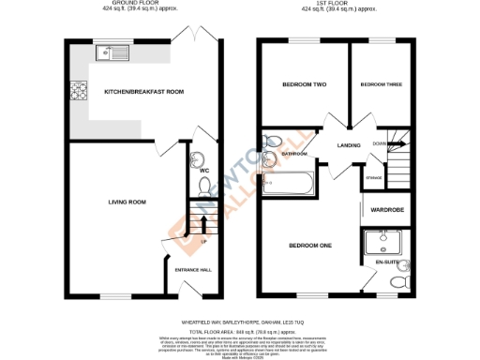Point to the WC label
[204, 171]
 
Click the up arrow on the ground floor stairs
[205, 225]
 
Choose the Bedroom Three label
[381, 85]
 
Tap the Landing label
[351, 145]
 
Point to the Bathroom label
[296, 153]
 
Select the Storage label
[374, 176]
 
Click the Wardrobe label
[387, 210]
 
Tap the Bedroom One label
[309, 246]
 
